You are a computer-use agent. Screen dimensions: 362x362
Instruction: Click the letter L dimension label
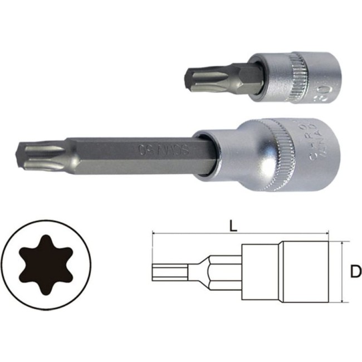[x=234, y=226]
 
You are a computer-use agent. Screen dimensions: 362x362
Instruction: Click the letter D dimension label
[x=355, y=272]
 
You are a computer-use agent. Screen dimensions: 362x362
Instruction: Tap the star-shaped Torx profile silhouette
[x=45, y=267]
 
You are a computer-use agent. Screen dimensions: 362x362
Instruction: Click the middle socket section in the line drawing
[x=261, y=272]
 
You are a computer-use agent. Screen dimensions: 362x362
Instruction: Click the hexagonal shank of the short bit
[x=234, y=75]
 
